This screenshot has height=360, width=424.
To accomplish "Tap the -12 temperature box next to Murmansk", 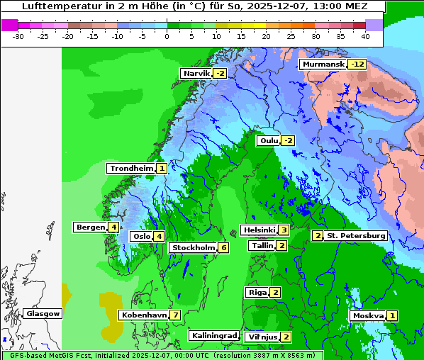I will [357, 64].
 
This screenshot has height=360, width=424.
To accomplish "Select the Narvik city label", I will [196, 73].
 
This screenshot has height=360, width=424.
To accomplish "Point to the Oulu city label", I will [269, 140].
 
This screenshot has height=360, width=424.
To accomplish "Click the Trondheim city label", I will [131, 168].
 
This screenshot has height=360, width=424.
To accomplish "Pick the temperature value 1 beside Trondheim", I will [162, 168].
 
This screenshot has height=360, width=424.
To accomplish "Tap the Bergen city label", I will [90, 227].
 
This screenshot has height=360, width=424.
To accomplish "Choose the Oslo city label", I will [141, 236].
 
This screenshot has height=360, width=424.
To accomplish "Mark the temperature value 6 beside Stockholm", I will [223, 247].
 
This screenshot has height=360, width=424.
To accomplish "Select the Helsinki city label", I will [259, 230].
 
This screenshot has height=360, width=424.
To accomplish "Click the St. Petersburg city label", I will [356, 235].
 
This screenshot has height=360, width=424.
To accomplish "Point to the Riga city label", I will [257, 292].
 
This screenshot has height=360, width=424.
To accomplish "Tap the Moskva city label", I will [368, 315].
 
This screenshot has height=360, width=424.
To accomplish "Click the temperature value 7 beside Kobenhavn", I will [175, 315].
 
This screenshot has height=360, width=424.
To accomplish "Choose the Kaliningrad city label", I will [213, 335].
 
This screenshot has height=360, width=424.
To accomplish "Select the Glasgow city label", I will [43, 313].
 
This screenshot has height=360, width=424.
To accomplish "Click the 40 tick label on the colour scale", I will [364, 35].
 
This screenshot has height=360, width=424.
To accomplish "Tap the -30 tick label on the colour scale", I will [18, 35].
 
